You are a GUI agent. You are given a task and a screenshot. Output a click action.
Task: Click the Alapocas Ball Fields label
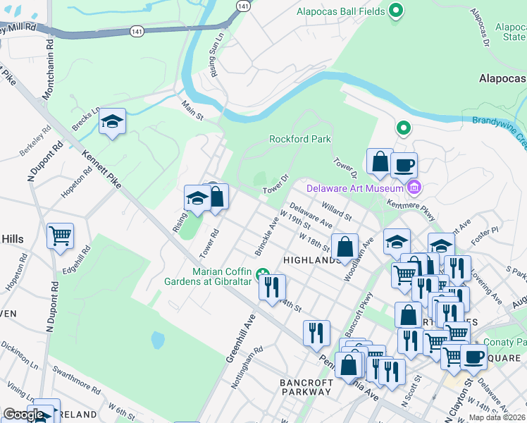click(x=340, y=11)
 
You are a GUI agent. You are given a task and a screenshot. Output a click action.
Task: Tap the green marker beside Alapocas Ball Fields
click(x=396, y=11)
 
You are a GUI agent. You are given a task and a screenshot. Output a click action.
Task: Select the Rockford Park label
click(x=300, y=139)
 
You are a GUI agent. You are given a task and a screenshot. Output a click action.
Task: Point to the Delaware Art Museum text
click(x=354, y=188)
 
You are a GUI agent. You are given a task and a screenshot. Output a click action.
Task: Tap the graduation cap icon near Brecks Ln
click(x=112, y=123)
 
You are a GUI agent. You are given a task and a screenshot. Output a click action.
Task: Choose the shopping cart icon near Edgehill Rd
click(x=60, y=235)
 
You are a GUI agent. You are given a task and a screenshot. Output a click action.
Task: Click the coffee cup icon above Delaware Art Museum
click(x=404, y=165)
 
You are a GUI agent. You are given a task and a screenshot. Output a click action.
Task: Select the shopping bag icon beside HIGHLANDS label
click(x=345, y=247)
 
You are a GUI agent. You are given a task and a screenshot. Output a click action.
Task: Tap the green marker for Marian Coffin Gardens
click(x=263, y=274)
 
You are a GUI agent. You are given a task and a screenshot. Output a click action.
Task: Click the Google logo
click(x=23, y=415)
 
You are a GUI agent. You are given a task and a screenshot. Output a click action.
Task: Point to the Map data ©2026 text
click(x=497, y=417)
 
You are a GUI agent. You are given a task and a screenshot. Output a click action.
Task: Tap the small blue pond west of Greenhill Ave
click(x=158, y=341)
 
